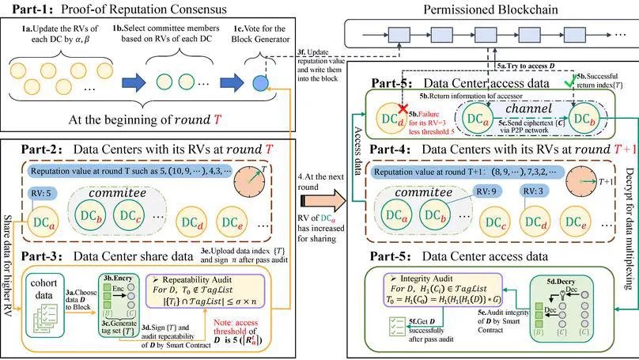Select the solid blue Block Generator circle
click(258, 81)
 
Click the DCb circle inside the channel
click(586, 120)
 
